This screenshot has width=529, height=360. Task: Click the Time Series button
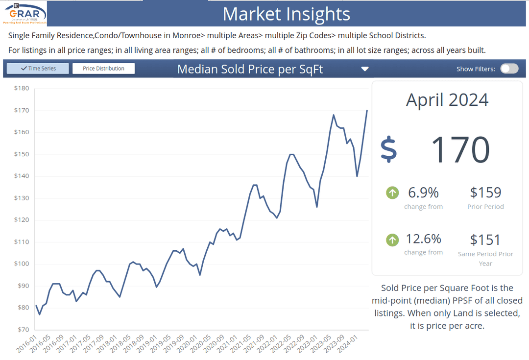click(38, 69)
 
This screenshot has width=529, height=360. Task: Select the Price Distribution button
click(103, 69)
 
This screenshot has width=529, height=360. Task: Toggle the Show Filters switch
click(509, 69)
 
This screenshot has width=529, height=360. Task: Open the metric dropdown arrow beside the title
click(364, 69)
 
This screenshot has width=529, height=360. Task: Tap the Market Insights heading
click(287, 14)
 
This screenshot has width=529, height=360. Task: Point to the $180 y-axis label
click(22, 89)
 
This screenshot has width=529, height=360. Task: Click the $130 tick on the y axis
click(22, 198)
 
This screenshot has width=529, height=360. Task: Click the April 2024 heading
click(447, 100)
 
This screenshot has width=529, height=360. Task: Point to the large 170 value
click(460, 149)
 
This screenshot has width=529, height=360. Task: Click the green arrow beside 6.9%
click(392, 193)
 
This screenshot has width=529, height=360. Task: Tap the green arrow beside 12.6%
click(392, 240)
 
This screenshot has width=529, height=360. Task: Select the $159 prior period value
click(485, 192)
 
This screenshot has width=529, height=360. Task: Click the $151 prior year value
click(485, 240)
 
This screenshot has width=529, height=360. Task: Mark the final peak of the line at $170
click(367, 111)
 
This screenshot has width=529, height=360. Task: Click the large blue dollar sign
click(389, 149)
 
